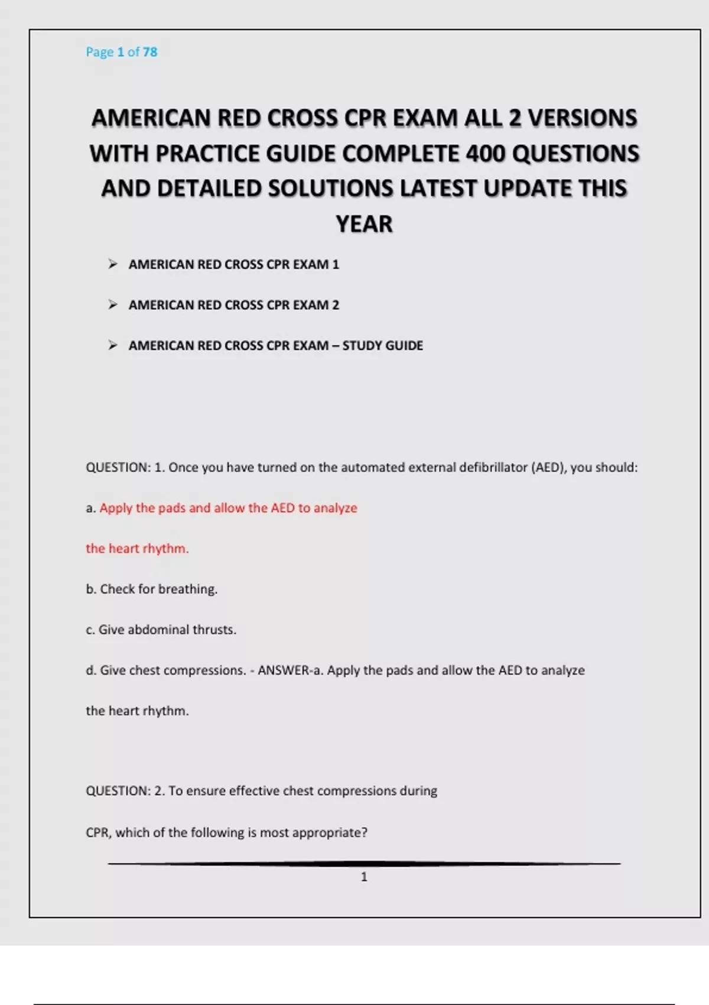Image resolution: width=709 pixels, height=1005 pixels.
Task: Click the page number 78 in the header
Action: pyautogui.click(x=150, y=52)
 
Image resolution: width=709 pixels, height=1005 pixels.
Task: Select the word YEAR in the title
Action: pyautogui.click(x=364, y=225)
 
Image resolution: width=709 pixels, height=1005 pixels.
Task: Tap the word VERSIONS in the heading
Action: pyautogui.click(x=582, y=118)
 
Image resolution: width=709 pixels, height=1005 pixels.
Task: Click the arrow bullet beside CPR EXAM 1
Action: pyautogui.click(x=113, y=264)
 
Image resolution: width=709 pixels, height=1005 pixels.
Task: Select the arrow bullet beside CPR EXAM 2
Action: pyautogui.click(x=113, y=305)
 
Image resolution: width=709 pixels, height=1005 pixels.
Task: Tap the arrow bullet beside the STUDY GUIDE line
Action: pyautogui.click(x=113, y=345)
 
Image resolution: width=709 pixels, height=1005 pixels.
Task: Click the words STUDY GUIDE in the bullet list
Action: pyautogui.click(x=382, y=346)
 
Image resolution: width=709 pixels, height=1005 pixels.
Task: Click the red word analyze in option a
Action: pyautogui.click(x=335, y=508)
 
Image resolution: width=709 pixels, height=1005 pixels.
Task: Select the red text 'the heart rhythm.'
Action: pyautogui.click(x=137, y=549)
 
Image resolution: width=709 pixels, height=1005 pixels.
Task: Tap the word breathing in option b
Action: pyautogui.click(x=187, y=589)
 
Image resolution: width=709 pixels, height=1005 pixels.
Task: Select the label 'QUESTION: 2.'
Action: pyautogui.click(x=125, y=791)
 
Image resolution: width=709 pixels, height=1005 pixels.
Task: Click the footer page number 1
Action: pyautogui.click(x=364, y=877)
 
